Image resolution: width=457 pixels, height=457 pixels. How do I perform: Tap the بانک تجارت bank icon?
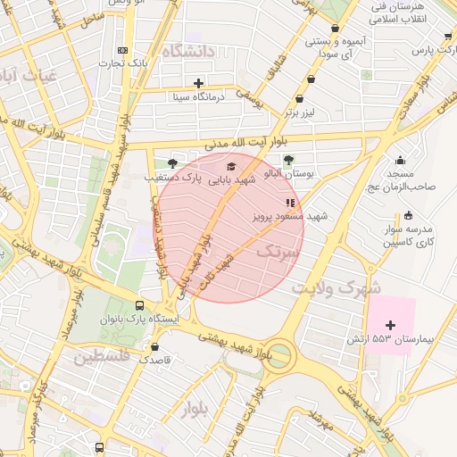[x=122, y=51]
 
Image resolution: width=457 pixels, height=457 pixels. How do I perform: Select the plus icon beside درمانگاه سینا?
[x=198, y=83]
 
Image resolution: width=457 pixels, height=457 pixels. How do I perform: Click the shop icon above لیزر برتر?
[x=309, y=99]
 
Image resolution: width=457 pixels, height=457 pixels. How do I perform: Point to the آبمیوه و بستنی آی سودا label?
[x=334, y=49]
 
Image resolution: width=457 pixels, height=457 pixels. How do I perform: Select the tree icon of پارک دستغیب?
[x=171, y=163]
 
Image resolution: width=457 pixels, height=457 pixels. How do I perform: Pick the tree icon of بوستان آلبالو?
[x=288, y=160]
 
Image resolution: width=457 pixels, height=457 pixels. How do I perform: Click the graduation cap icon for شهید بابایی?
[x=232, y=166]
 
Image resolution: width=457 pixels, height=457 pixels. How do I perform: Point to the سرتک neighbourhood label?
[x=275, y=253]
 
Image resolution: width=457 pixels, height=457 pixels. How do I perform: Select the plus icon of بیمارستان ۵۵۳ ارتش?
[x=390, y=325]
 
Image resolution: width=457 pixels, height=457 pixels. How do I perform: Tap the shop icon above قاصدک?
[x=155, y=347]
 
